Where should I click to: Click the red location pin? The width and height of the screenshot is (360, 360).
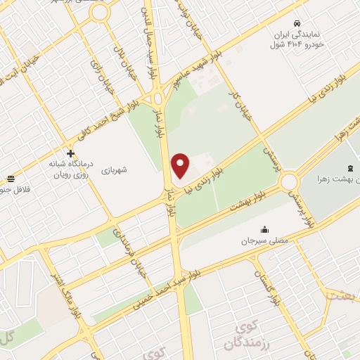coord(181,165)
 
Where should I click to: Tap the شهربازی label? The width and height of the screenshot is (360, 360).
coord(113,170)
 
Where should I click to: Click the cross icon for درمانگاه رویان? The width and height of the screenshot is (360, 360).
coord(70,153)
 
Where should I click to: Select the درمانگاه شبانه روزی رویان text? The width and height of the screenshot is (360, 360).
coord(70,169)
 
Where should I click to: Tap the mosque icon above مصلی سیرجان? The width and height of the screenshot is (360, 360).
coord(264,229)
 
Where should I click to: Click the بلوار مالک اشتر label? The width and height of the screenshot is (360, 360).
coord(63,278)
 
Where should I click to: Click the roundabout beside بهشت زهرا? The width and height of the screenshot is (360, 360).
coord(289,183)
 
